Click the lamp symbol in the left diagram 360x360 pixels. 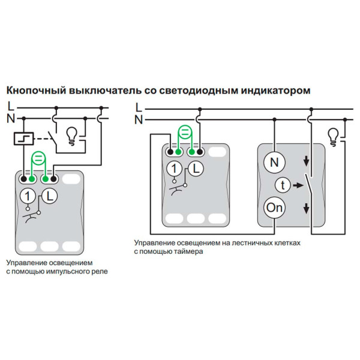tap(71, 134)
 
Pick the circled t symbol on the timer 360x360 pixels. tap(280, 185)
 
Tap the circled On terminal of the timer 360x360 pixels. tap(275, 208)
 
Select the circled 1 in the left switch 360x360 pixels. tap(28, 195)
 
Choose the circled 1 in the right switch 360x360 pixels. tap(174, 170)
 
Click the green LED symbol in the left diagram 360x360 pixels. tap(39, 159)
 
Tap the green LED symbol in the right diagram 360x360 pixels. tap(185, 133)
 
